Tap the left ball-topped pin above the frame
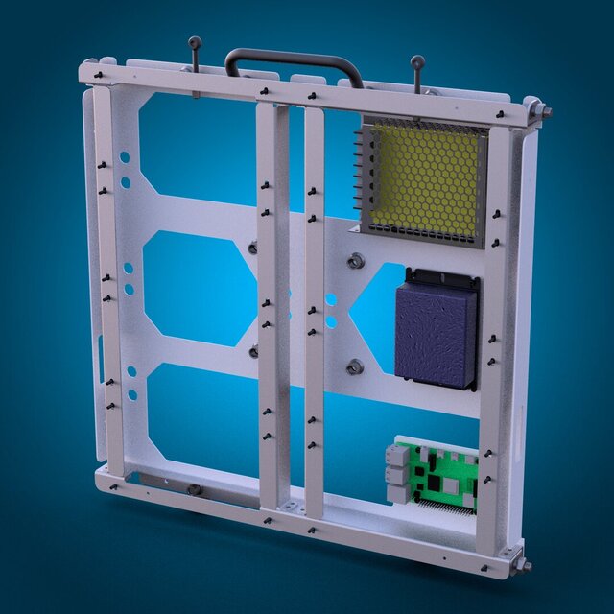(195, 43)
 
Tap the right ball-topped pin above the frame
(417, 63)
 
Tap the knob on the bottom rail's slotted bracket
(194, 490)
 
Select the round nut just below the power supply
(354, 261)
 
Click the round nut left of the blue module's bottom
(354, 366)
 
